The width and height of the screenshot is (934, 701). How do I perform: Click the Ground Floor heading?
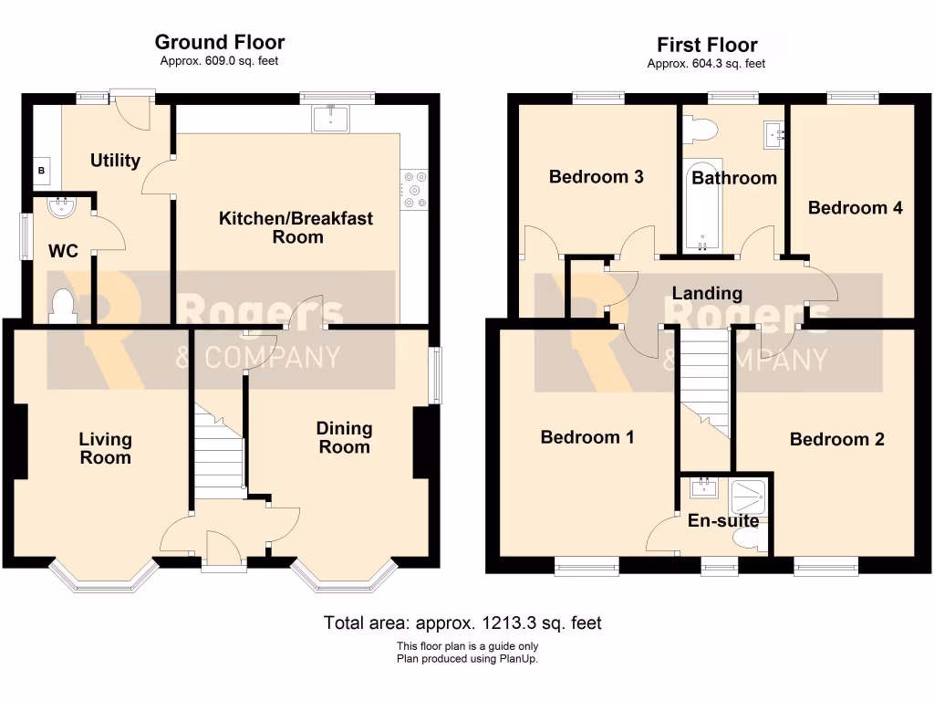(219, 42)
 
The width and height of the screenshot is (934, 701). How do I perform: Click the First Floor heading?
(706, 45)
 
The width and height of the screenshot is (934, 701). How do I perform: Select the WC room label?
(62, 249)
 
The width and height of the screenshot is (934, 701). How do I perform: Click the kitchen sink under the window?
(330, 118)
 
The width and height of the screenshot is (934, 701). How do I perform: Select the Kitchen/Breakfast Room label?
(296, 228)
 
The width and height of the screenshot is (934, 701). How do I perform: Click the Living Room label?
(105, 448)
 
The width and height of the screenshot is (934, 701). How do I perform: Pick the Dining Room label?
(344, 437)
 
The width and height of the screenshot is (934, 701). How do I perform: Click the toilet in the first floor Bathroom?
(700, 130)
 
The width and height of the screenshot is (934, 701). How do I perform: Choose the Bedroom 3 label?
(596, 177)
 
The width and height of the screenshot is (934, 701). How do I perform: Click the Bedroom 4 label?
(855, 208)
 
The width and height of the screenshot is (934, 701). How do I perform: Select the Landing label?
(706, 293)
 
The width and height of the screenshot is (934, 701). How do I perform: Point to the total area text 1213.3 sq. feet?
(462, 623)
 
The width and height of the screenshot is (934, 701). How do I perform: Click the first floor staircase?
(707, 383)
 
